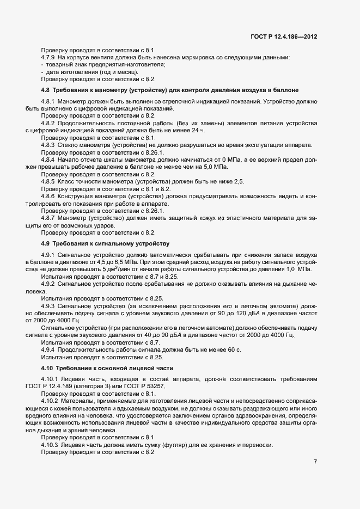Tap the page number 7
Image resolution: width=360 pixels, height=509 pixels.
[315, 462]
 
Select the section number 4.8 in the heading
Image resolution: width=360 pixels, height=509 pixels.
[46, 89]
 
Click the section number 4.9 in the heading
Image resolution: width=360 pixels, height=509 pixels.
[46, 243]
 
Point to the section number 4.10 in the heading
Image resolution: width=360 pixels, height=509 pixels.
[47, 369]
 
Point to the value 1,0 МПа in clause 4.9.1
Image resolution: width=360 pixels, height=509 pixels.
[296, 269]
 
